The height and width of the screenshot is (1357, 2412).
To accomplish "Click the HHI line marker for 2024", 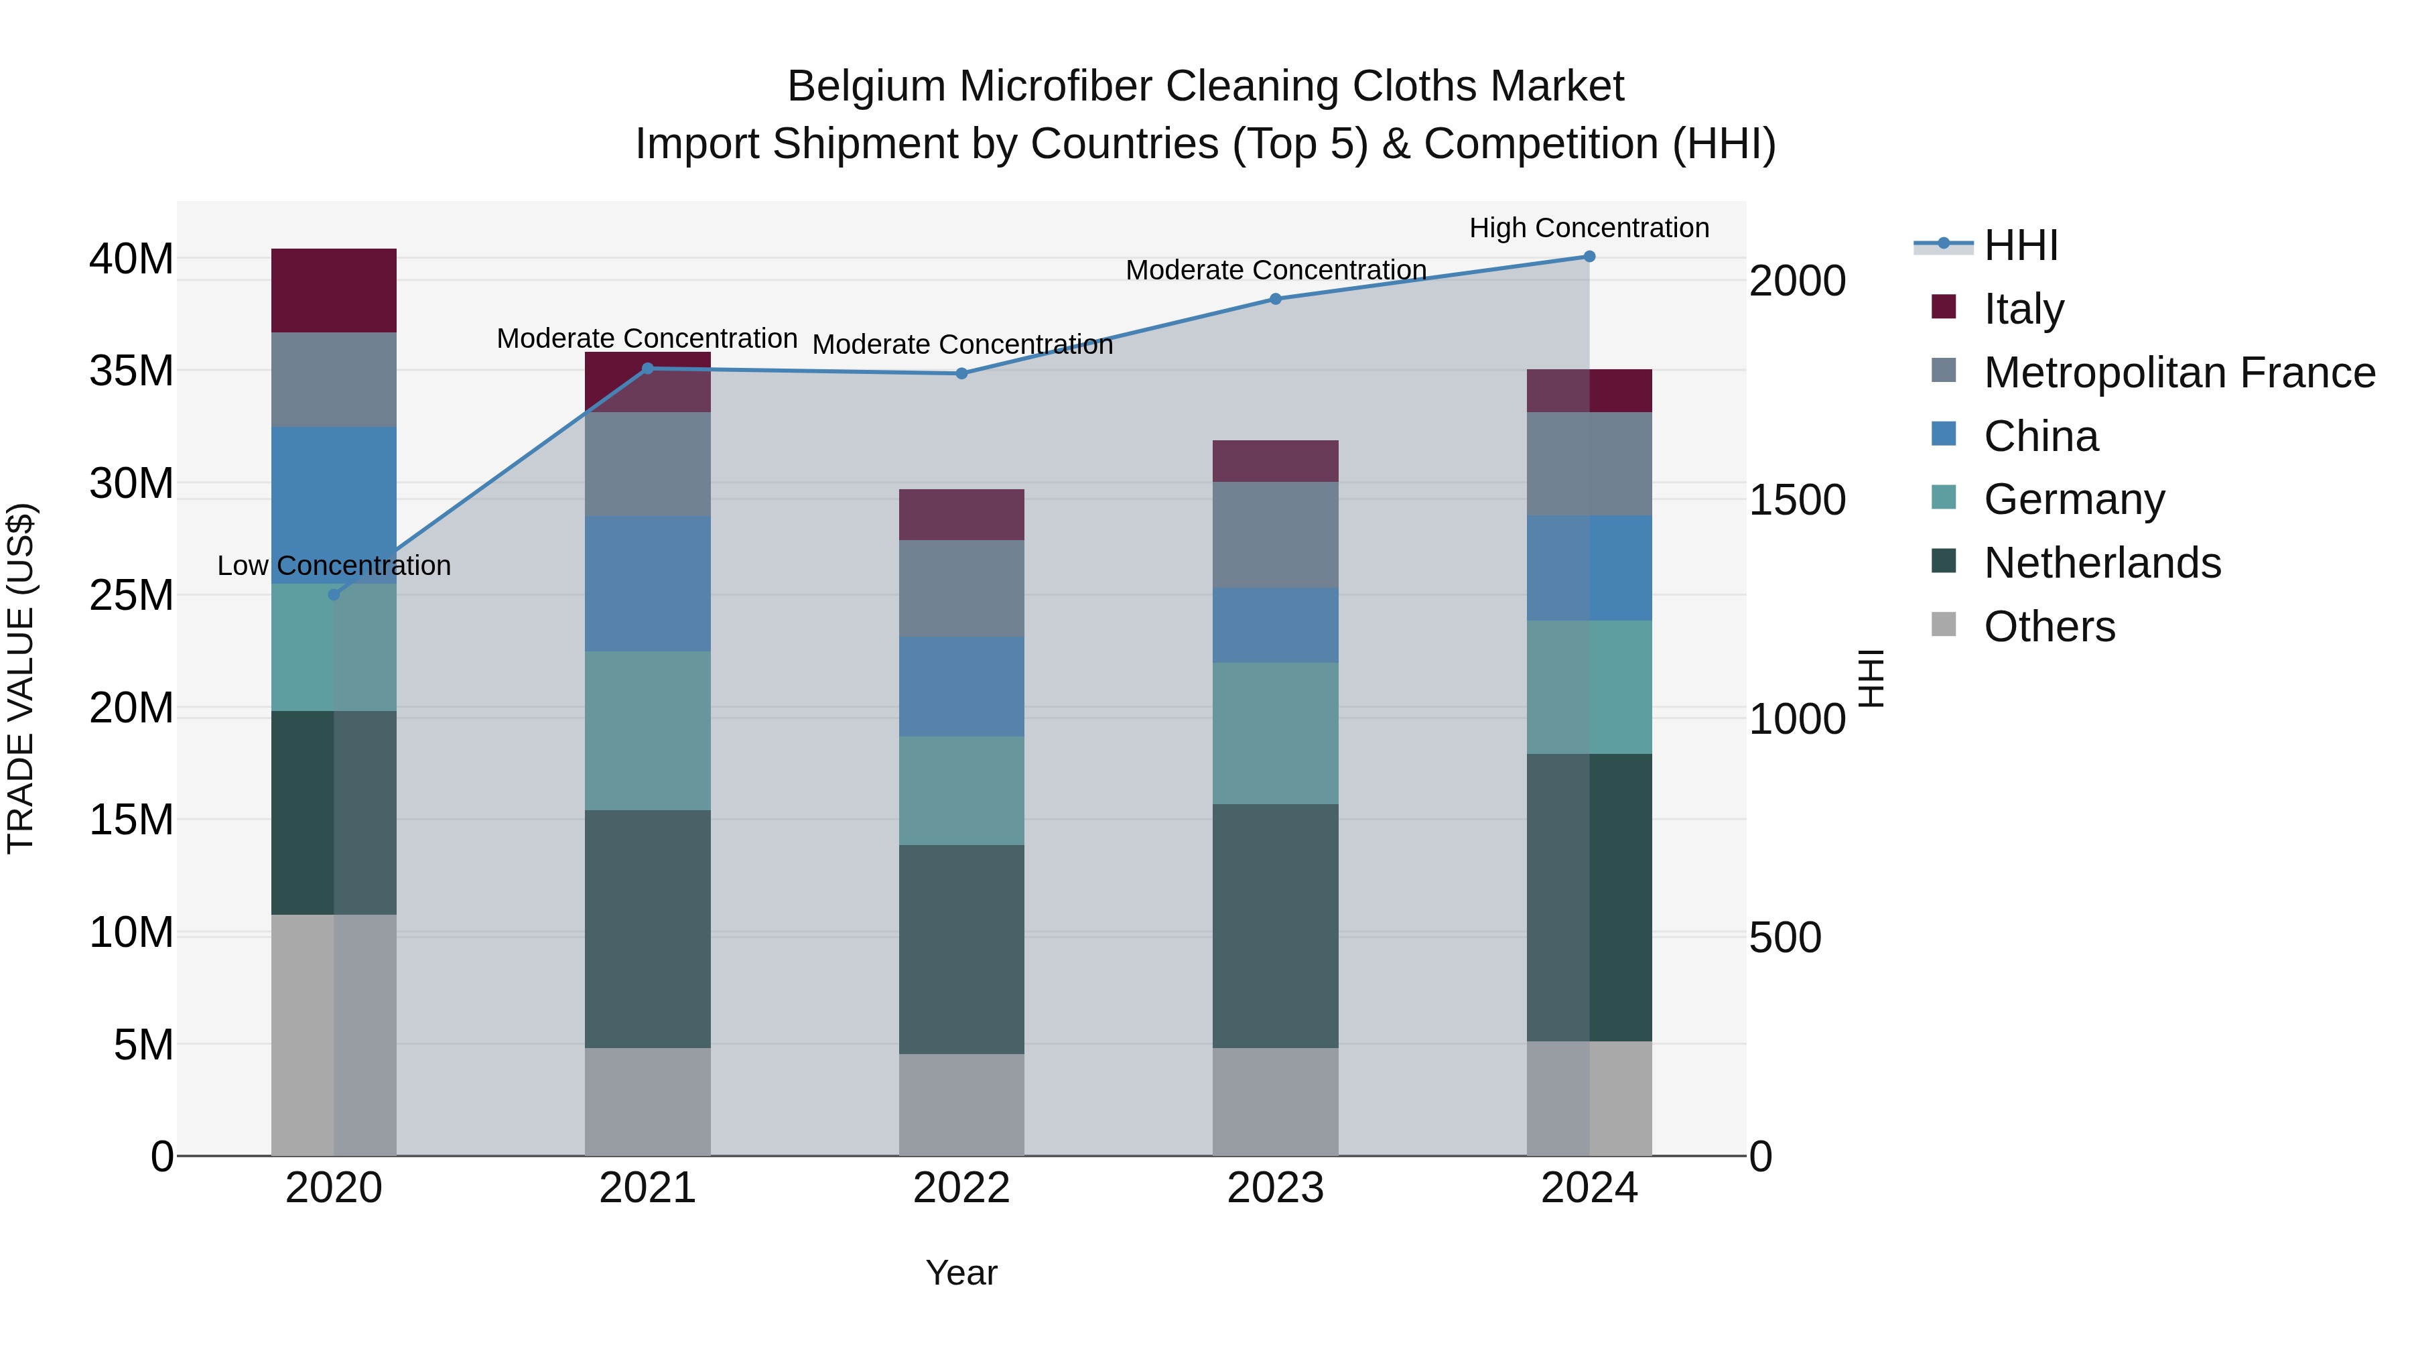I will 1589,257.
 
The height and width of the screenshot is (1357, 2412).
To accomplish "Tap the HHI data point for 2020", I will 334,594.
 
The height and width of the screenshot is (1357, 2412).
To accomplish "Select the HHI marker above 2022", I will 961,374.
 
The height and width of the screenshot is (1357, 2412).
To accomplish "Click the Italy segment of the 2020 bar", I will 334,290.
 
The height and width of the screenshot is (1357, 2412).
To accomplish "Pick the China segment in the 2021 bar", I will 647,584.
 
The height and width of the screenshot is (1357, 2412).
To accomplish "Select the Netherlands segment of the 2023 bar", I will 1275,925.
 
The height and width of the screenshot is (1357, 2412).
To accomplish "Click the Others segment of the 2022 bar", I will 961,1105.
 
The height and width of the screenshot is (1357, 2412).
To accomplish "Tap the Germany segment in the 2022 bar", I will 961,791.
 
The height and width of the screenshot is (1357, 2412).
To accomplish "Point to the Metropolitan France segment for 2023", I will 1275,535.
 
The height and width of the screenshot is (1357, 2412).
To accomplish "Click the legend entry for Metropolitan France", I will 2179,373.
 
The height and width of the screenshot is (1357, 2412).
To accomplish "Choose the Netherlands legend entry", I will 2102,563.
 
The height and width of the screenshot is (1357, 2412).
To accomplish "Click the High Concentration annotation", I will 1589,228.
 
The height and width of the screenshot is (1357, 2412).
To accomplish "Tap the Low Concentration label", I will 334,566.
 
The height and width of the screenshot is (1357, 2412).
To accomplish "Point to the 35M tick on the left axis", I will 131,371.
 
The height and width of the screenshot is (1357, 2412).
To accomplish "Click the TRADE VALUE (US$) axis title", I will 21,678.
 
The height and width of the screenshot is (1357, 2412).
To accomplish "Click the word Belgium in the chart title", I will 866,86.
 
